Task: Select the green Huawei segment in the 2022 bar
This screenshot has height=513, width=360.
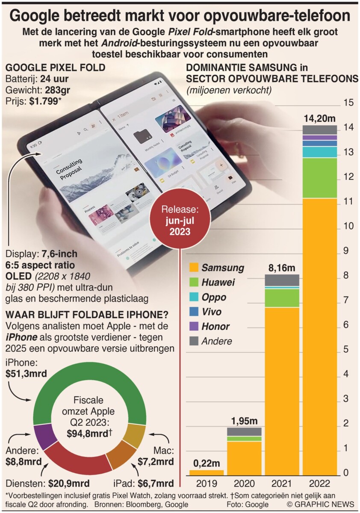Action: [319, 178]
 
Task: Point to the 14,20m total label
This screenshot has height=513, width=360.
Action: [319, 118]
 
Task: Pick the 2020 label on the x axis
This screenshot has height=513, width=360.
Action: [244, 484]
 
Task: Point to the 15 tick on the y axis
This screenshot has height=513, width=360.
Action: [348, 103]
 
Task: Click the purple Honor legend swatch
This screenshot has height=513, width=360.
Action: [193, 327]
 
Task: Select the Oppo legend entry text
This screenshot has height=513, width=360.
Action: [214, 297]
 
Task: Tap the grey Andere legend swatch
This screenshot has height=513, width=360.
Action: [193, 341]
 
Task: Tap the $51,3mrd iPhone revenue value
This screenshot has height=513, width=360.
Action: [27, 374]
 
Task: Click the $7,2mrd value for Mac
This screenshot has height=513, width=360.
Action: [156, 462]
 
